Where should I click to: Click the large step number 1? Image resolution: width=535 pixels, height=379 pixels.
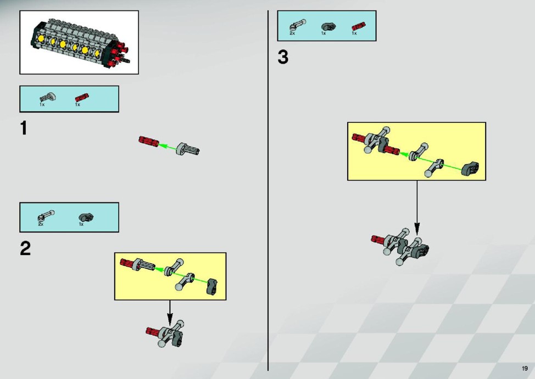[23, 128]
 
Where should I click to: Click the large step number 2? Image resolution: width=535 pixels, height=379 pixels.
[25, 248]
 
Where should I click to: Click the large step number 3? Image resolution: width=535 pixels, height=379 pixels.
[283, 57]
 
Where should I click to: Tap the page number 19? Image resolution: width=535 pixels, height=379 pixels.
[525, 368]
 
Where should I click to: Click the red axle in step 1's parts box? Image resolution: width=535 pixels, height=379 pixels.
[82, 98]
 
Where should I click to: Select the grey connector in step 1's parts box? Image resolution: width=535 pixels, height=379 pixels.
[48, 97]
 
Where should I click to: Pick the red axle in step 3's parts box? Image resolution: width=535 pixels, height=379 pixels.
[359, 26]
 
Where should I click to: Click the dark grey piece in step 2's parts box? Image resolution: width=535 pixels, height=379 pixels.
[86, 217]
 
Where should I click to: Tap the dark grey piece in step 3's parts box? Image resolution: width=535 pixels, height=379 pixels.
[328, 26]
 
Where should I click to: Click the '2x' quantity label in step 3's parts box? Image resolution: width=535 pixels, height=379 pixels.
[292, 33]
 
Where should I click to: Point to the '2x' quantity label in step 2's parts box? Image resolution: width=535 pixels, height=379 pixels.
[41, 224]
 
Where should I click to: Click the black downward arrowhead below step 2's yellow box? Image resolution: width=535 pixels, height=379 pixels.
[170, 320]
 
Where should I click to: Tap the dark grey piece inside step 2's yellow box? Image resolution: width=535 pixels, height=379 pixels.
[212, 286]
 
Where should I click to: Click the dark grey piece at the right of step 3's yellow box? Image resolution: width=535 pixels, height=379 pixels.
[470, 168]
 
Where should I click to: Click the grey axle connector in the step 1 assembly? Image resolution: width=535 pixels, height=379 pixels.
[188, 149]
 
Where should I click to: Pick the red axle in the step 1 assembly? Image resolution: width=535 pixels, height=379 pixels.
[149, 141]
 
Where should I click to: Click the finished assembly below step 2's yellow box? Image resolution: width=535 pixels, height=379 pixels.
[165, 333]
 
